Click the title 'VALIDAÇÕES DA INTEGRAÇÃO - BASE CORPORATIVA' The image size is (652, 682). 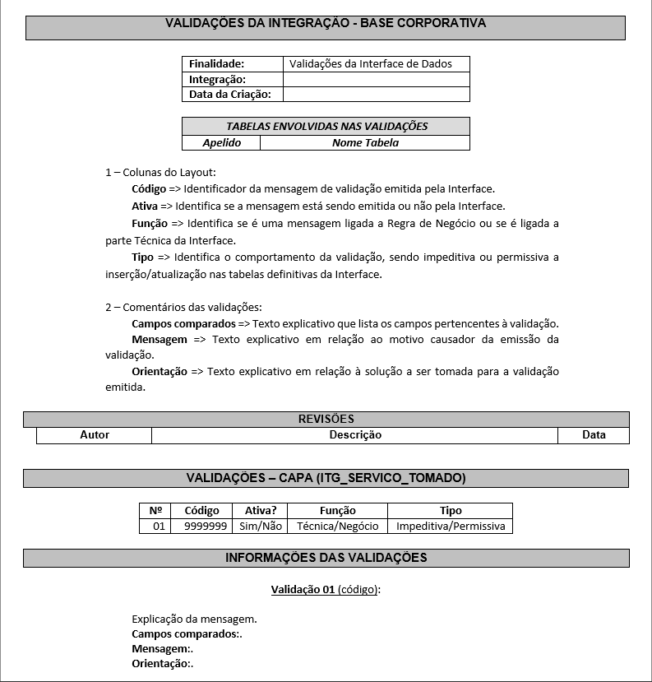326,23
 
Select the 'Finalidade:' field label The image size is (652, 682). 217,63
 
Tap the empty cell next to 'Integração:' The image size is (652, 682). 376,79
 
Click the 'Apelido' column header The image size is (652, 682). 222,142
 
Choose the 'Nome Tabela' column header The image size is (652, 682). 365,142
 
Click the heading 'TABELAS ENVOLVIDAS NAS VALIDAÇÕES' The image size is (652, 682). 326,127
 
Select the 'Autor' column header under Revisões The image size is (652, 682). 95,434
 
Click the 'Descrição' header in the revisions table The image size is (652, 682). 355,434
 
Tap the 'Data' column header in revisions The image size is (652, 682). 594,434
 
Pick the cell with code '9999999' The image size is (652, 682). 206,526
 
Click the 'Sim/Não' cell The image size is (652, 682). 260,526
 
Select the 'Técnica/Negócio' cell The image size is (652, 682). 337,526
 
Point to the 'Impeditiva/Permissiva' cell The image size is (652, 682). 450,526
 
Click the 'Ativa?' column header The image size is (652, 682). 260,510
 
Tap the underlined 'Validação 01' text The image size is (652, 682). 303,590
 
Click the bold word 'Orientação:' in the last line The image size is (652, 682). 161,664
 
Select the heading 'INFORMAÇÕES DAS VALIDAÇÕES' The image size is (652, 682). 326,558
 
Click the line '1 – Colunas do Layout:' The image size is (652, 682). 160,172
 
